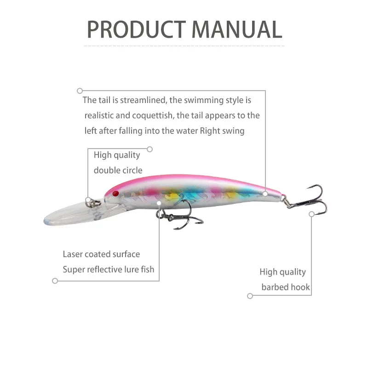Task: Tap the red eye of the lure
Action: (x=115, y=193)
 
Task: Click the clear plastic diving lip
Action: (x=69, y=213)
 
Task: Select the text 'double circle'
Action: (x=118, y=170)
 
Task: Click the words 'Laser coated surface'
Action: (x=101, y=254)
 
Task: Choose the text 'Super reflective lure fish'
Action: (x=109, y=270)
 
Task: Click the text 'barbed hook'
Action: (x=286, y=287)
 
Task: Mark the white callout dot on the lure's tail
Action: (x=265, y=194)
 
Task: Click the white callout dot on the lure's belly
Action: (x=159, y=202)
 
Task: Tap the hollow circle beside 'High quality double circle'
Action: (x=149, y=149)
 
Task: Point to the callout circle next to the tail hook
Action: (x=311, y=214)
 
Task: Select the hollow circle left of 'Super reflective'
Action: (x=55, y=281)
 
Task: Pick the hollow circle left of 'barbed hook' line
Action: (x=250, y=296)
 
